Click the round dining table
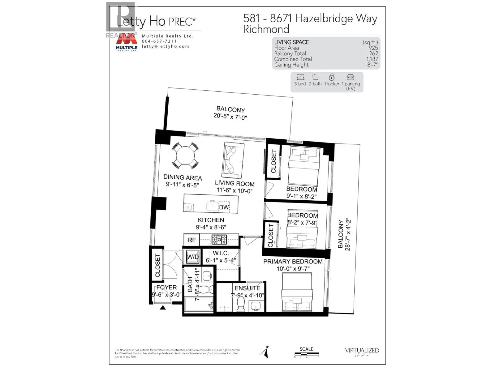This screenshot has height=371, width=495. pos(185,155)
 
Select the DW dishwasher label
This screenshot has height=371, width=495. pos(224,207)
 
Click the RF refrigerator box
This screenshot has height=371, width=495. pos(192,240)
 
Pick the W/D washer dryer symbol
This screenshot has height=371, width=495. pos(192,257)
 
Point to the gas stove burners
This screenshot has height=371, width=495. pos(219,240)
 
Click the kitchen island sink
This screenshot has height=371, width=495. pos(212,206)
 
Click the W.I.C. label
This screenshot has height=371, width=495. pos(221,253)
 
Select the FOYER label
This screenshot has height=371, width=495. pos(166,288)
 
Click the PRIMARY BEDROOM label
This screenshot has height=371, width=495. pos(293,262)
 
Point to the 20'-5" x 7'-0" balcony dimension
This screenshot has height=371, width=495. pos(230,117)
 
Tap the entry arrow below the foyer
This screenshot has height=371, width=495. pos(162,307)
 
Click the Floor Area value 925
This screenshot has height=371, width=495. pos(373,48)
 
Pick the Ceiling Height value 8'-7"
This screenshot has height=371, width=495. pos(372,65)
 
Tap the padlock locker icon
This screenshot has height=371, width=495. pos(332,77)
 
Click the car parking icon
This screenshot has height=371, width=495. pos(351,77)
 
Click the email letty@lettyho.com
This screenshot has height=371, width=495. pos(165,46)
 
